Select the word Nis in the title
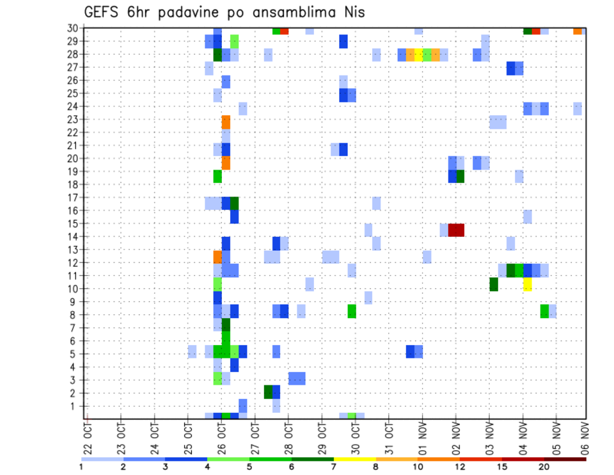click(352, 12)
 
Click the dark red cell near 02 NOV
click(456, 230)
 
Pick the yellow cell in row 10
click(528, 284)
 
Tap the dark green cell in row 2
click(268, 392)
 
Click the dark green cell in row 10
click(494, 284)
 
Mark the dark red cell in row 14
click(456, 230)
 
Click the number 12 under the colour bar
click(460, 467)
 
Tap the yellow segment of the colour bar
click(354, 459)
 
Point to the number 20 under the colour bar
click(544, 467)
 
